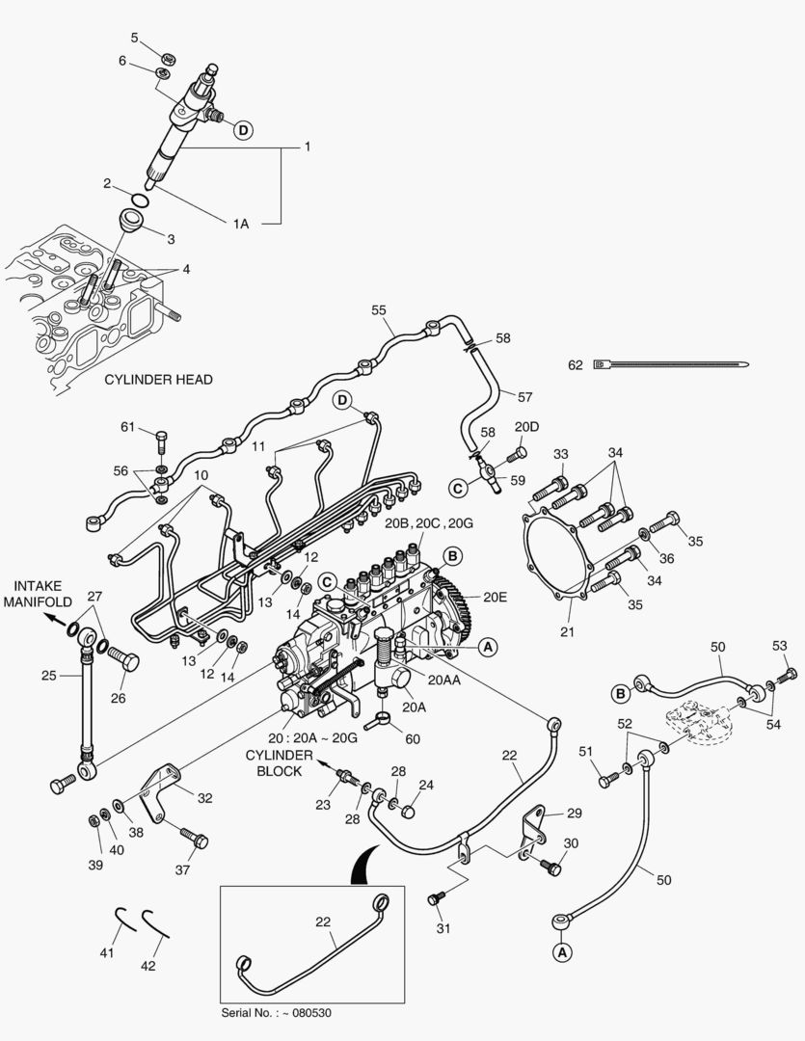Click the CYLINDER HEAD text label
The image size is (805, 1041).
[x=158, y=380]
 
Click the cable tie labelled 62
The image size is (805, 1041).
[x=675, y=365]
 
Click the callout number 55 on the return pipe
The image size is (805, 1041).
[x=379, y=310]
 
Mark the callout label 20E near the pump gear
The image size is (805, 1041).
[x=495, y=598]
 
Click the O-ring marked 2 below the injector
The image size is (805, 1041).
[x=141, y=200]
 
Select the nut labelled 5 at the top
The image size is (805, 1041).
[x=167, y=59]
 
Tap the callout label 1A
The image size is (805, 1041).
[x=240, y=223]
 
